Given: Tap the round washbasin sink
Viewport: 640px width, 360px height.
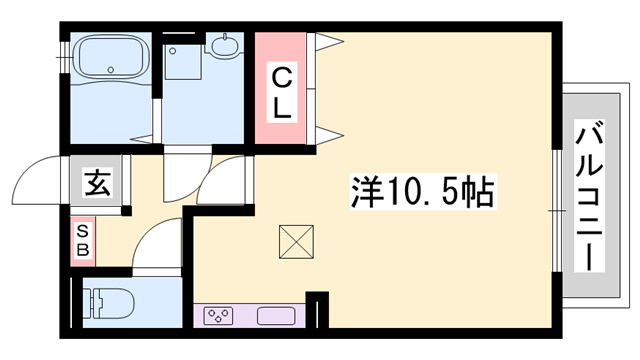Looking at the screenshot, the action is [223, 46].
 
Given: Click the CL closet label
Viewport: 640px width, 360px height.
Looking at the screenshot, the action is [282, 92].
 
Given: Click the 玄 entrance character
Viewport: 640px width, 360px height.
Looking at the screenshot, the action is [97, 183].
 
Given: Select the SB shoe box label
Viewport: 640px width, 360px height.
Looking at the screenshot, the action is [82, 240].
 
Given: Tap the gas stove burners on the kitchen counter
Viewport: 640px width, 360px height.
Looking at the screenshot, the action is [218, 317].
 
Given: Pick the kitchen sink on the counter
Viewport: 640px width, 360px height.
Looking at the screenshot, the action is [276, 317].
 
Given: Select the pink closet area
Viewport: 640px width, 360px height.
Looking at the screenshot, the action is [281, 88].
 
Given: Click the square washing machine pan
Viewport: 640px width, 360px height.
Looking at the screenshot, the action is [185, 62].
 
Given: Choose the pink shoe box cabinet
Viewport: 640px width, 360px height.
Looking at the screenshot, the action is [82, 240].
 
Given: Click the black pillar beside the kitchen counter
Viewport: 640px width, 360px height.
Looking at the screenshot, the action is [318, 309].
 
